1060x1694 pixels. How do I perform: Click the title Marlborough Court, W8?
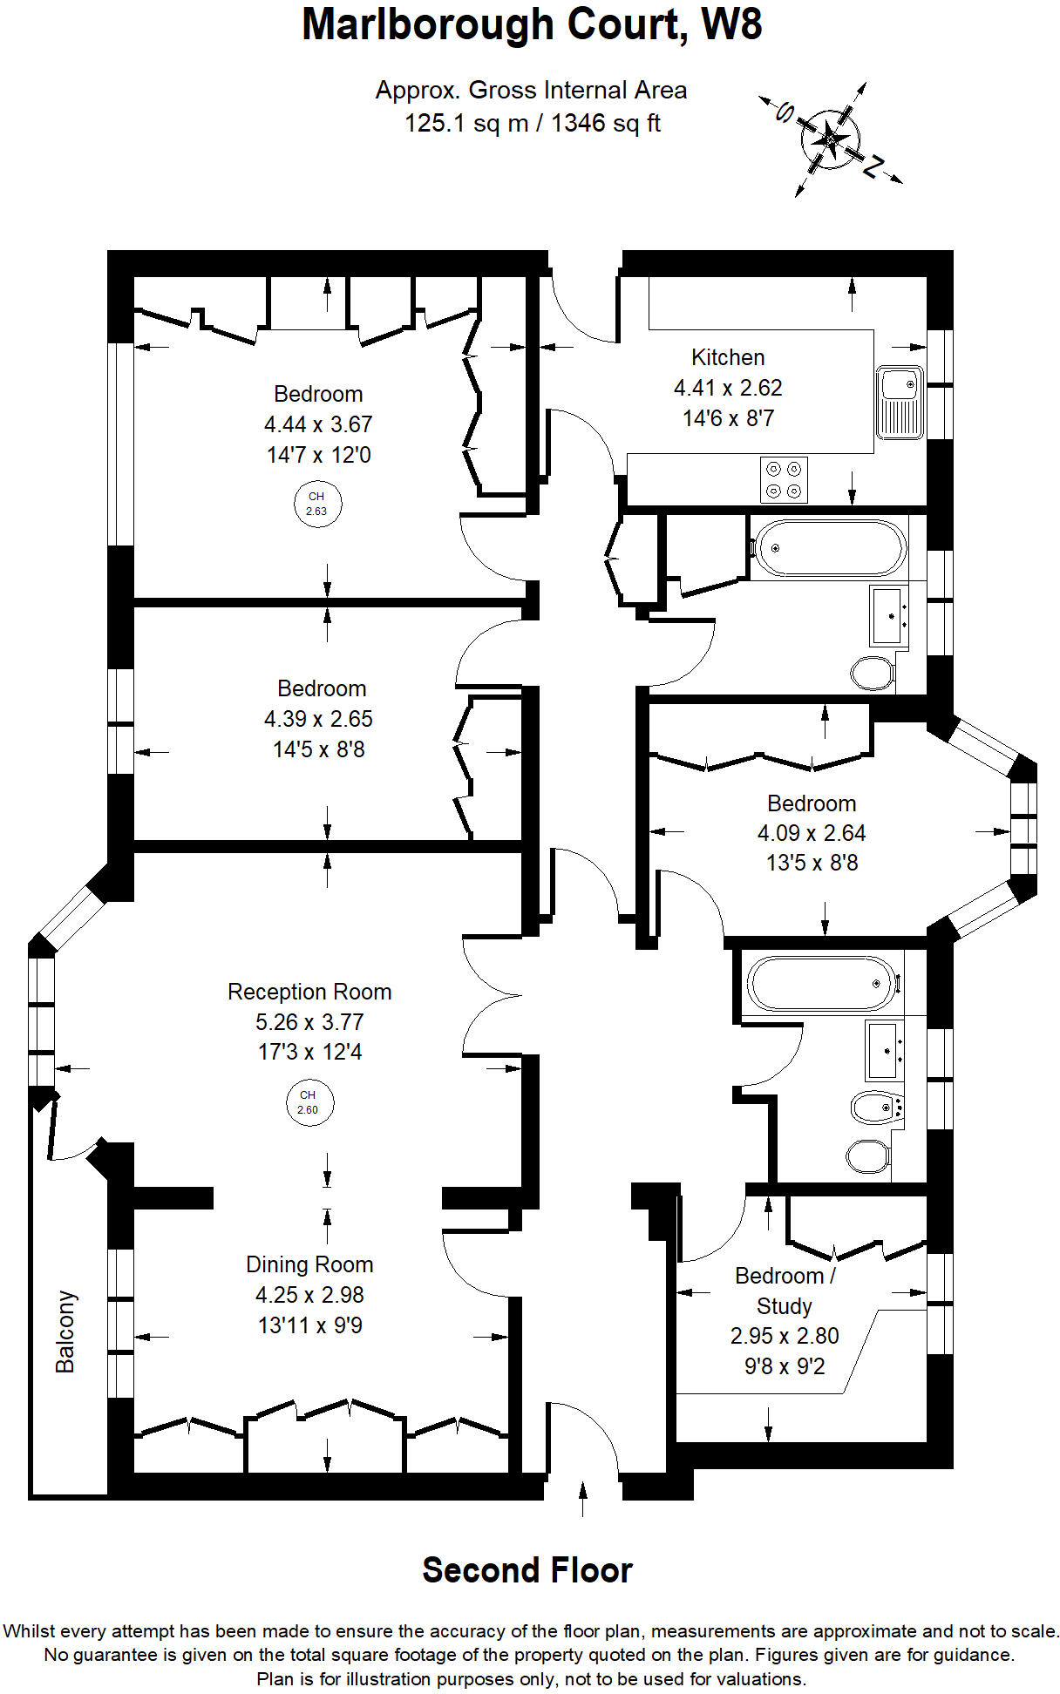[x=532, y=24]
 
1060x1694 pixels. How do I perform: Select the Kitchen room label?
[x=728, y=357]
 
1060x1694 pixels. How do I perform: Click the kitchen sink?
[x=900, y=403]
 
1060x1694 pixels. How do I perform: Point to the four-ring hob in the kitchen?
[x=783, y=479]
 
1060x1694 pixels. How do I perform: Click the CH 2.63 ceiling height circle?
[x=316, y=504]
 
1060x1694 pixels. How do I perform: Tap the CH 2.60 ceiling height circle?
[x=308, y=1102]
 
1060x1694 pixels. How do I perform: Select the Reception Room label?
[x=309, y=992]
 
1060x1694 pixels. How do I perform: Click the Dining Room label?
[x=309, y=1264]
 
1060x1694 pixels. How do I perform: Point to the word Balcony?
[x=65, y=1332]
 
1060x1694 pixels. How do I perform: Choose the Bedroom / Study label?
[x=785, y=1291]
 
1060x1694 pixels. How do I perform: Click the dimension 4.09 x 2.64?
[x=812, y=833]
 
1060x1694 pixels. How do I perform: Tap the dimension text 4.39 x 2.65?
[x=318, y=719]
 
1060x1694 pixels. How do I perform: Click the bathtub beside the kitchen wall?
[x=829, y=548]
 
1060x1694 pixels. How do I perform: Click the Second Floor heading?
[x=527, y=1570]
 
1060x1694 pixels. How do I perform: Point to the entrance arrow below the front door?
[x=583, y=1499]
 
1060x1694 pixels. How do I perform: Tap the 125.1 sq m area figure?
[x=466, y=123]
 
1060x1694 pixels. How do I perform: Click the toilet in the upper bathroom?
[x=873, y=673]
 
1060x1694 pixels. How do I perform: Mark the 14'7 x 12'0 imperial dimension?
[x=319, y=455]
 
